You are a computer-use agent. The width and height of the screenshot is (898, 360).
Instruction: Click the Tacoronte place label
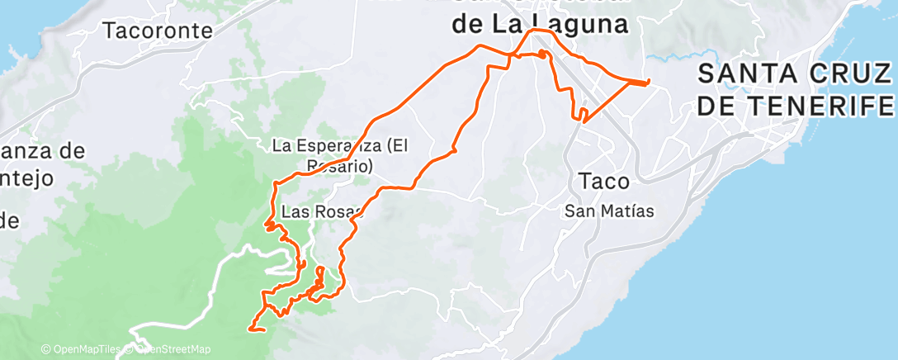coord(158,31)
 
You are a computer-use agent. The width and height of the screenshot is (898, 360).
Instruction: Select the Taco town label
coord(605,181)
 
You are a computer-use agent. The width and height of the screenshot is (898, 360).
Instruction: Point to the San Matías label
coord(609,211)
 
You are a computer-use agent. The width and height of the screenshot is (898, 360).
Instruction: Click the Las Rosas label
coord(322,211)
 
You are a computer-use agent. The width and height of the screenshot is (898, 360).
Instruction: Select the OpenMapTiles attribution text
coord(81,349)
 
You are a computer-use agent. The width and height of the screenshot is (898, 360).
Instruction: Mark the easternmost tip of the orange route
coord(649,81)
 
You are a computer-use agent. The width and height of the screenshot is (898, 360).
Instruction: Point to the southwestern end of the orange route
coord(249,329)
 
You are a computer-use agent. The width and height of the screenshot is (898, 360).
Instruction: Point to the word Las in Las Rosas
coord(294,211)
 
